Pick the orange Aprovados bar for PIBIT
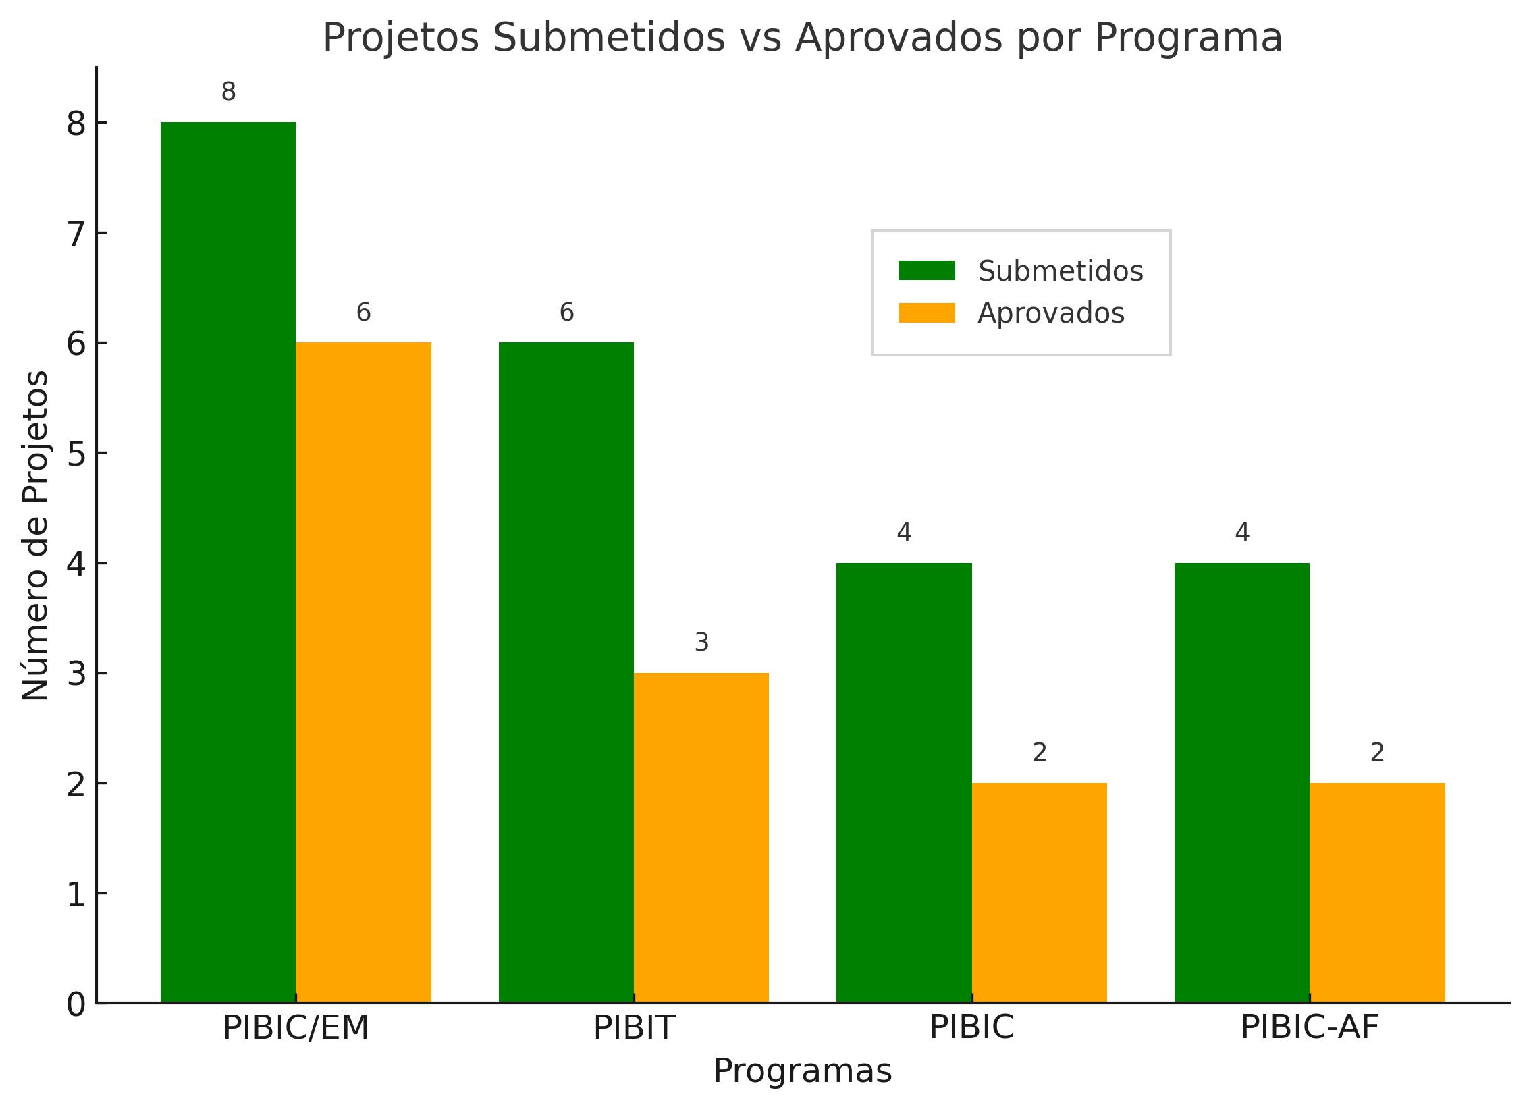point(701,837)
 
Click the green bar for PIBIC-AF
point(1242,782)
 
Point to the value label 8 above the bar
point(228,92)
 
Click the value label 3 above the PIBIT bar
point(701,643)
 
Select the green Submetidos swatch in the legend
point(927,271)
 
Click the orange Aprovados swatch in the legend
point(927,313)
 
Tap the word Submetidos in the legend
point(1061,271)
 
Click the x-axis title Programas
point(803,1072)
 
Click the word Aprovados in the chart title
point(900,38)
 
